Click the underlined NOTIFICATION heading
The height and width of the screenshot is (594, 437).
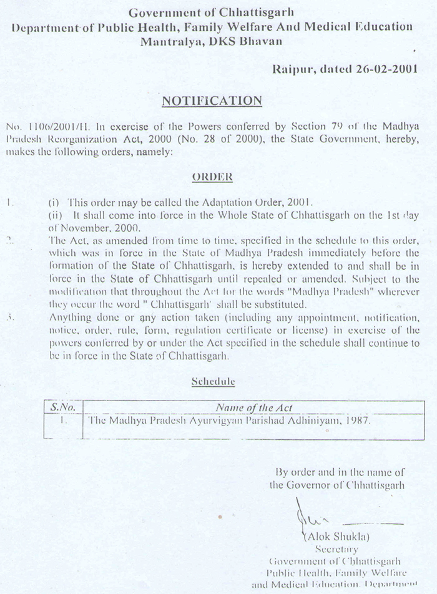pos(212,100)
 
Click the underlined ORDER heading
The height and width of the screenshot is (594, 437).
pos(212,177)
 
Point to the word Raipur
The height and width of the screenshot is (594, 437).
pos(293,69)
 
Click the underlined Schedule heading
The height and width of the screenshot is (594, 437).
pos(213,381)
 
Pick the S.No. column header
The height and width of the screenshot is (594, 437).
pos(62,407)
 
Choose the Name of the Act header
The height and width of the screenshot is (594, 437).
pos(254,407)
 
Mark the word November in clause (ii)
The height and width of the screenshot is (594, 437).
pos(84,228)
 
